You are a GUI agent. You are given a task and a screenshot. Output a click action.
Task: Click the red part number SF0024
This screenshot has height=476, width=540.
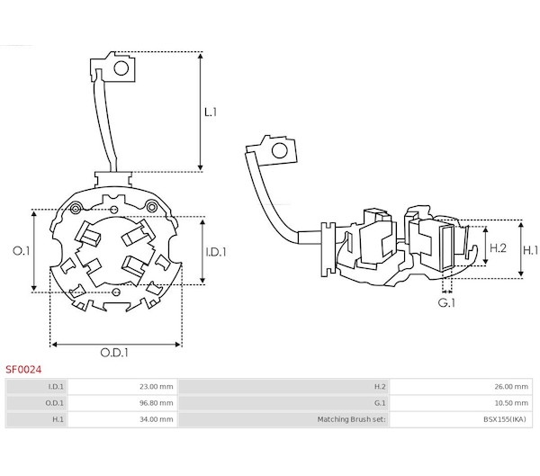(x=23, y=370)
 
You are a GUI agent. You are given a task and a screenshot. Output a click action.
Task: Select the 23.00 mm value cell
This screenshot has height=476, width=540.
(x=122, y=386)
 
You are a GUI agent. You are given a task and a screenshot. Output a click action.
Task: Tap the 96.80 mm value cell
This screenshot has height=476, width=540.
(x=122, y=403)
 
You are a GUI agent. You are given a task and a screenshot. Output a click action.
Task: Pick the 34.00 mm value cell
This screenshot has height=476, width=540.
(x=122, y=419)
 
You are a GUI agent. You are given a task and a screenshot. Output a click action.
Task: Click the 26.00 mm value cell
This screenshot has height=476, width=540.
(x=461, y=386)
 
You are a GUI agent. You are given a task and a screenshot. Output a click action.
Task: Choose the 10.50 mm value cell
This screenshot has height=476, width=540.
(x=461, y=403)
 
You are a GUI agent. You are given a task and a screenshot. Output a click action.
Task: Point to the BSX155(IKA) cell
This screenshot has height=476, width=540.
(x=461, y=419)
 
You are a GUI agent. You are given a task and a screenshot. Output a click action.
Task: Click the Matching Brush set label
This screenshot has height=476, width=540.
(x=352, y=419)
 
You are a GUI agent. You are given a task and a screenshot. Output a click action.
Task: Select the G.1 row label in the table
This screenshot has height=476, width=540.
(x=380, y=403)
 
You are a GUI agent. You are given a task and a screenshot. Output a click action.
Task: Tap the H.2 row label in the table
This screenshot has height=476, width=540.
(x=380, y=386)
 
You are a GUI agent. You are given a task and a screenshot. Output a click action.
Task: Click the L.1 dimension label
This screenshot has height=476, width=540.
(x=211, y=112)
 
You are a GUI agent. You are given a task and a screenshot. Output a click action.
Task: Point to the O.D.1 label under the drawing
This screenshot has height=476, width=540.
(x=114, y=353)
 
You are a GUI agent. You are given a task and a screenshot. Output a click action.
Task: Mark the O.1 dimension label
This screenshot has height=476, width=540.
(x=22, y=251)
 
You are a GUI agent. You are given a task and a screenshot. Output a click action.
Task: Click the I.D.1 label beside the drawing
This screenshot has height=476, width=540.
(x=216, y=252)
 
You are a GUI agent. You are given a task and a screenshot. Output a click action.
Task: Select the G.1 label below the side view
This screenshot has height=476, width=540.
(x=446, y=302)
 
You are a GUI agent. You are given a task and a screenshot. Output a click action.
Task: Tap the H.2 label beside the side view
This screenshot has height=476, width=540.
(x=498, y=247)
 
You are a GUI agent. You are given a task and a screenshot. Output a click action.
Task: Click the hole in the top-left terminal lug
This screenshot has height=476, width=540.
(x=121, y=68)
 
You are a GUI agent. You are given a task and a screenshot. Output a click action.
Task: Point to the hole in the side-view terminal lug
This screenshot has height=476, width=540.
(x=279, y=151)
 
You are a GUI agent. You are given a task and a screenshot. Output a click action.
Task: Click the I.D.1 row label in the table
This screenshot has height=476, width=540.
(x=56, y=386)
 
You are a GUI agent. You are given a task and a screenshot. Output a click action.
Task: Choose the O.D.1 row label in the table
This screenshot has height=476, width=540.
(x=54, y=403)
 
